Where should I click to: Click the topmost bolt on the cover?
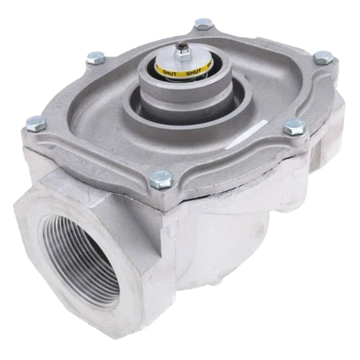pos(204,24)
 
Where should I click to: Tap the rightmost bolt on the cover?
pos(323,57)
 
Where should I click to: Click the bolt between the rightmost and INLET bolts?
pos(294,127)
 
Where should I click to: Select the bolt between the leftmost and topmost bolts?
pos(96,58)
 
